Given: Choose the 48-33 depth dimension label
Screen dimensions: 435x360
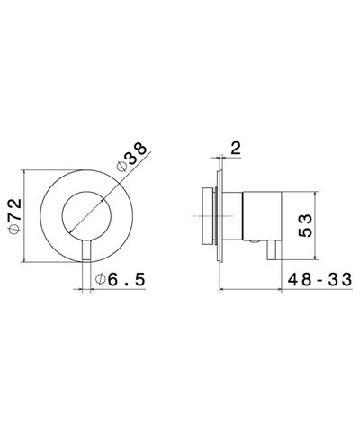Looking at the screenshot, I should (x=314, y=280).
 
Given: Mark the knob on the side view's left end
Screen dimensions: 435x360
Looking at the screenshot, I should (x=203, y=216).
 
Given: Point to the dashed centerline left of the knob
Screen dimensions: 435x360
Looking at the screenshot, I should (x=191, y=216).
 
